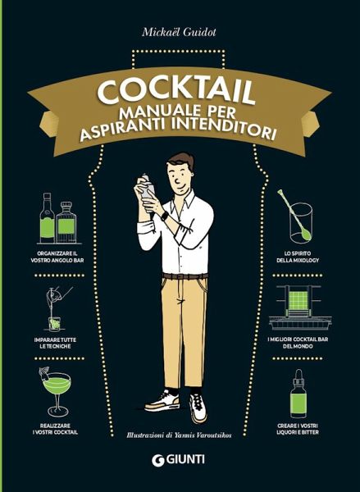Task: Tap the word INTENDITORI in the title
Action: click(229, 130)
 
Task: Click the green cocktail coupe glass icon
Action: click(55, 389)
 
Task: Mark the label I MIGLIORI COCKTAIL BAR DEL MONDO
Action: click(304, 344)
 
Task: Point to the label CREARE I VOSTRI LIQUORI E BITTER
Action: click(304, 430)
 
